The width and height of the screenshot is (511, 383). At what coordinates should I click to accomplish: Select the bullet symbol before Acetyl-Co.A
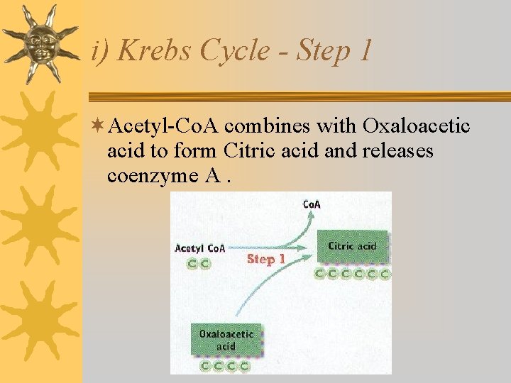click(98, 126)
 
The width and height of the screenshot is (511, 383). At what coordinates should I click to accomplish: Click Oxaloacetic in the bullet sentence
click(416, 126)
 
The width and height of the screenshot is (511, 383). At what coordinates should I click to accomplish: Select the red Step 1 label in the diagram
click(265, 260)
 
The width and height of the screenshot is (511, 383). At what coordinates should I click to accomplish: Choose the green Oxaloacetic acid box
click(226, 340)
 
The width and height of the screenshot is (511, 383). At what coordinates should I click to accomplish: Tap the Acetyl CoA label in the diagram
click(199, 248)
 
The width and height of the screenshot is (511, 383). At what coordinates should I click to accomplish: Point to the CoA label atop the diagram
click(312, 204)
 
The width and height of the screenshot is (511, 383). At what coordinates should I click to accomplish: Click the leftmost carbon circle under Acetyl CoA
click(192, 263)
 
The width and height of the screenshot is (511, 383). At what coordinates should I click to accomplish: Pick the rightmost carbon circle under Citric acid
click(385, 273)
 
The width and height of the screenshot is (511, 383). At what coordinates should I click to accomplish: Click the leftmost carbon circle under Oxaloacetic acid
click(205, 367)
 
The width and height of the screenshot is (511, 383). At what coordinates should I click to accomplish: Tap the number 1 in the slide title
click(364, 50)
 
